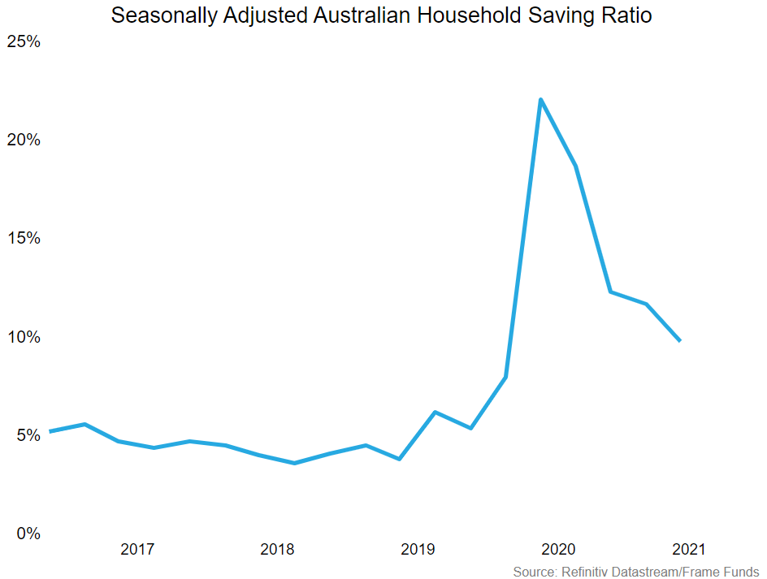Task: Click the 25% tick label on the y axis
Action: coord(24,41)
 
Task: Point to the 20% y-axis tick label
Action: coord(24,140)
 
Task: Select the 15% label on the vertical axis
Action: coord(24,238)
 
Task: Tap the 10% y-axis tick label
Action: coord(24,337)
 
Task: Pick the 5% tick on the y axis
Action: coord(28,435)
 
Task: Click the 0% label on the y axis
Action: coord(28,534)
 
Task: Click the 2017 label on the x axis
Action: coord(137,550)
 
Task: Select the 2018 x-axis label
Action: coord(278,550)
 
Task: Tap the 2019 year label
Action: coord(418,550)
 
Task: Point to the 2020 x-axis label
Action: coord(558,550)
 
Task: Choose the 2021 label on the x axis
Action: coord(689,550)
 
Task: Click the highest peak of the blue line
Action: coord(541,100)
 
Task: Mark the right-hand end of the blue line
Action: coord(679,340)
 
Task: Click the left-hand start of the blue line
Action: coord(50,431)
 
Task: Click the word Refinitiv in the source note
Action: coord(584,572)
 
